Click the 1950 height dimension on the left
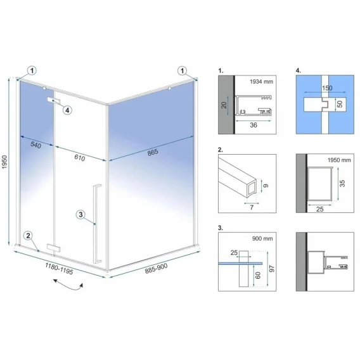pyautogui.click(x=5, y=162)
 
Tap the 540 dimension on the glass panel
pyautogui.click(x=36, y=145)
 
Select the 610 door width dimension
pyautogui.click(x=80, y=158)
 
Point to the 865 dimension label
pyautogui.click(x=153, y=152)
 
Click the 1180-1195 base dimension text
pyautogui.click(x=59, y=269)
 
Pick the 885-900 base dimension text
pyautogui.click(x=156, y=268)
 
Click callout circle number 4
pyautogui.click(x=67, y=110)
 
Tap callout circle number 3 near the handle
pyautogui.click(x=80, y=215)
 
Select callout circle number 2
pyautogui.click(x=29, y=236)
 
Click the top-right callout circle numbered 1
pyautogui.click(x=183, y=71)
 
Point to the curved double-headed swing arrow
pyautogui.click(x=68, y=285)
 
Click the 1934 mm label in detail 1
pyautogui.click(x=261, y=82)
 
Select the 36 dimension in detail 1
pyautogui.click(x=254, y=125)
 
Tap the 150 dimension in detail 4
pyautogui.click(x=327, y=88)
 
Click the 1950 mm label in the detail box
pyautogui.click(x=339, y=160)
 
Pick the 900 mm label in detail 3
pyautogui.click(x=262, y=238)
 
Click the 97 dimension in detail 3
pyautogui.click(x=272, y=269)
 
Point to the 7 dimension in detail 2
pyautogui.click(x=252, y=207)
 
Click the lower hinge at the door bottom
pyautogui.click(x=54, y=248)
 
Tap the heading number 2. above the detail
pyautogui.click(x=221, y=150)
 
